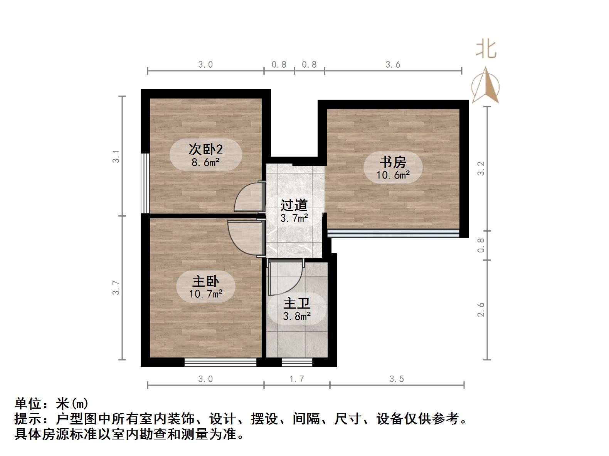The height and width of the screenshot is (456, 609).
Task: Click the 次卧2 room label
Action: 205,149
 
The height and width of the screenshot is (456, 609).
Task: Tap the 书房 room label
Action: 393,162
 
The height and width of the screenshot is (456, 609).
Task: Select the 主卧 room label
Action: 205,281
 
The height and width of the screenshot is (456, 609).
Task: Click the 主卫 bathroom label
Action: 296,304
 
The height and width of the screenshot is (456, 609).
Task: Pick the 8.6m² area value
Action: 205,162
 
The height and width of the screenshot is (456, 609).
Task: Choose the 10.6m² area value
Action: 393,175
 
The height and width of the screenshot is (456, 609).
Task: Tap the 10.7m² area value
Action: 205,294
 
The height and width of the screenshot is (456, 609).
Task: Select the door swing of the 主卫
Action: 285,277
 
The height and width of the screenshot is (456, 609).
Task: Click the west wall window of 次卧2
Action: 145,183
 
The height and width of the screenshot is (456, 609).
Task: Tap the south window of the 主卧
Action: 220,362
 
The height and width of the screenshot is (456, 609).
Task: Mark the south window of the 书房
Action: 393,233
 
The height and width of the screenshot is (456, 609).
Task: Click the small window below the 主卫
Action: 297,362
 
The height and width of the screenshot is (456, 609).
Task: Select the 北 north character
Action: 486,50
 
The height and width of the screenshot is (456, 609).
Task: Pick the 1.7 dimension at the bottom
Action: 296,379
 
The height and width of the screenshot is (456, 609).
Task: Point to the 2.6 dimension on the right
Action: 481,310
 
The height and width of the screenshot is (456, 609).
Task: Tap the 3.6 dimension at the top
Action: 393,65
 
